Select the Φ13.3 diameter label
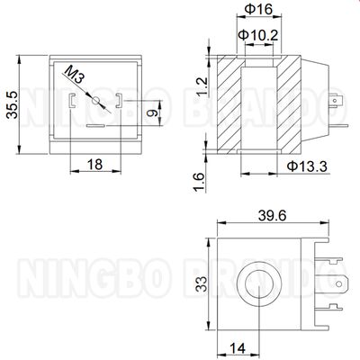point(307,165)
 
